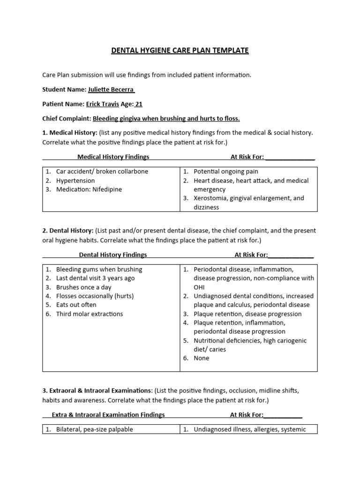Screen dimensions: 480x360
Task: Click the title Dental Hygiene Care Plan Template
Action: point(180,50)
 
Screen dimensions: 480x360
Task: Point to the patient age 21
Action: point(139,104)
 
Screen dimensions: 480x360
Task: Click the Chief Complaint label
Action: point(67,119)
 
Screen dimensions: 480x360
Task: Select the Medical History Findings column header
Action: point(113,157)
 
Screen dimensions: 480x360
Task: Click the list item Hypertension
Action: point(75,180)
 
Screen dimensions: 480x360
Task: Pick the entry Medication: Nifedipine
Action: point(89,189)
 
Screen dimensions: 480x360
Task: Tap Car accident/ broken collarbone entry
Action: point(102,172)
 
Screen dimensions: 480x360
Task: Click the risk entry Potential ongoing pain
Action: point(226,172)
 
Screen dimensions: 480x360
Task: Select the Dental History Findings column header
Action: point(112,255)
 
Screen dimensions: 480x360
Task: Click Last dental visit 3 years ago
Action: point(95,278)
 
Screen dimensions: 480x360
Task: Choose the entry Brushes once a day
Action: point(83,287)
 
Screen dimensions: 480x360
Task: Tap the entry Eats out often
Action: point(76,305)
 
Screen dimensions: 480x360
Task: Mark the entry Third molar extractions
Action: point(89,314)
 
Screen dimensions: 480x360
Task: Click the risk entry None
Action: point(202,358)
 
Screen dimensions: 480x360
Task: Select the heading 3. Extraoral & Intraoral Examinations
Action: point(97,390)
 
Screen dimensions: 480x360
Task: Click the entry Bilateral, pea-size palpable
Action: point(94,429)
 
